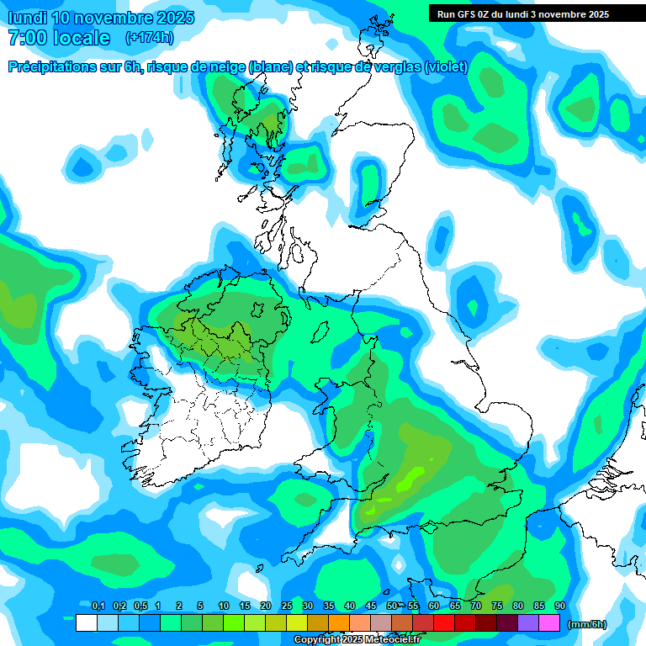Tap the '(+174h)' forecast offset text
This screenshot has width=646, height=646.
click(x=149, y=37)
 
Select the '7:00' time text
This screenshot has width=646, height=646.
click(x=27, y=37)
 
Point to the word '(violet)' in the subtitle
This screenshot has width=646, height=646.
click(x=446, y=67)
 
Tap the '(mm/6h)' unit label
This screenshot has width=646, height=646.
click(x=587, y=624)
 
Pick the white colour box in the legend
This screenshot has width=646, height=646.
click(x=86, y=623)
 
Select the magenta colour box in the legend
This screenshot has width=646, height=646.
click(x=549, y=623)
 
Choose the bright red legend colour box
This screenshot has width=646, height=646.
click(x=444, y=623)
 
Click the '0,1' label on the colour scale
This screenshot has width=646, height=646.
click(x=98, y=606)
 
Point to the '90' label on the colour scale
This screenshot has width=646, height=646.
click(x=559, y=606)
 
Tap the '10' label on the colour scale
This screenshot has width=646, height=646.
click(x=223, y=606)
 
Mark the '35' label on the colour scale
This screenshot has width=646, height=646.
click(x=328, y=606)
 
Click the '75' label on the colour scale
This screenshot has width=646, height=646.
click(x=496, y=606)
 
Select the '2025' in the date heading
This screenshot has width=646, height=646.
click(x=171, y=18)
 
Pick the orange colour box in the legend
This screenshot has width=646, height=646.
click(x=339, y=623)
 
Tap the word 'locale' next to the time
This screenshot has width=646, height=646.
click(x=82, y=37)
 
